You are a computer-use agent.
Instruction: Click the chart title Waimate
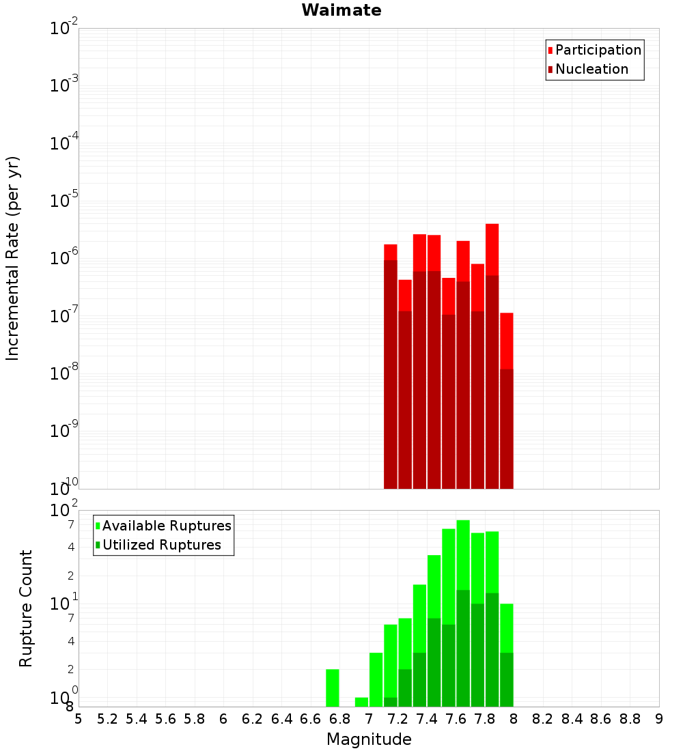341,10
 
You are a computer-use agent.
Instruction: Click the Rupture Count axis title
26,608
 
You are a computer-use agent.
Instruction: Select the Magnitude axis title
369,739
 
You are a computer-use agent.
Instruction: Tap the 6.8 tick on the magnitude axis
339,719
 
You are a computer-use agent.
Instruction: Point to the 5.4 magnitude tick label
137,719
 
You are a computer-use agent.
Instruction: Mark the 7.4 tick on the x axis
427,719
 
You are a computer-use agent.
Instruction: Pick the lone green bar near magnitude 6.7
333,688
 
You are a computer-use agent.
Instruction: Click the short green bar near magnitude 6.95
361,702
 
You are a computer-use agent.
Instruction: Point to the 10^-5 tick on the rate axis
64,201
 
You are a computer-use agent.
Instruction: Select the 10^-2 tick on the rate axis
64,29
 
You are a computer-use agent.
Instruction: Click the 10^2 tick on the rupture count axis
64,511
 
